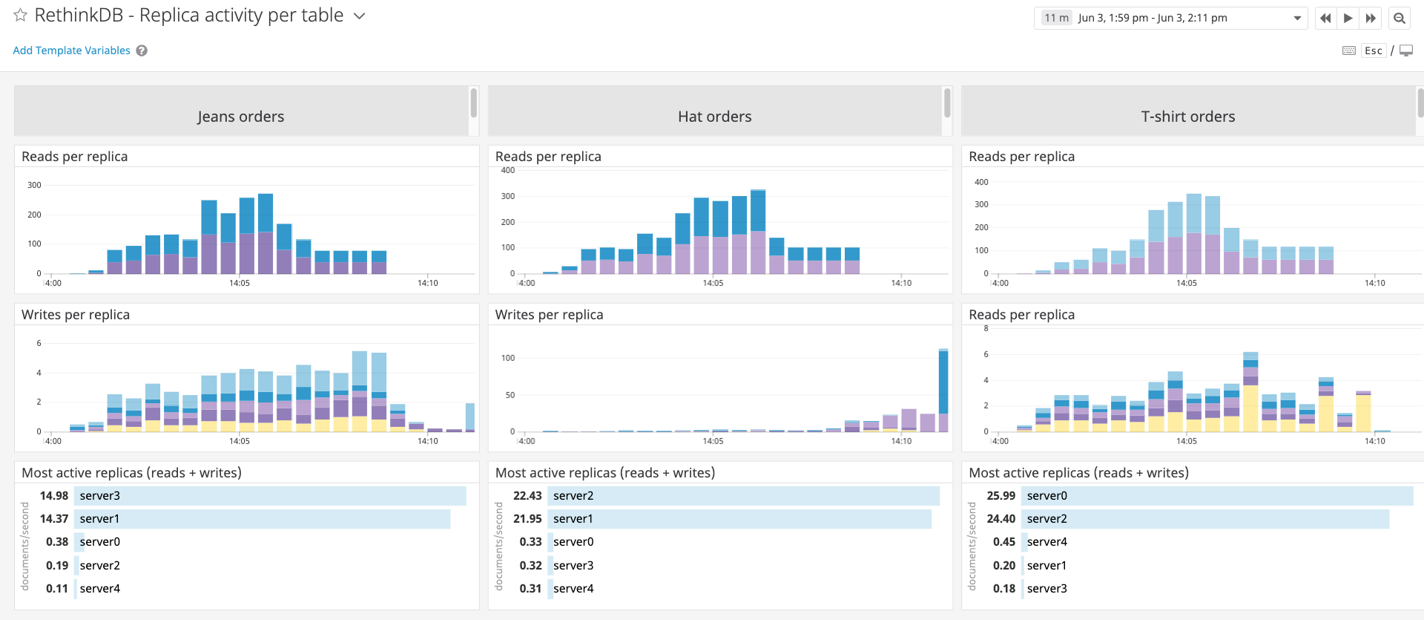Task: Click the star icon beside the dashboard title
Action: tap(20, 15)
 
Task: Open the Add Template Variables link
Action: tap(71, 50)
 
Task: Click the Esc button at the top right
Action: tap(1373, 50)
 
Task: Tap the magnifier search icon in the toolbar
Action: tap(1399, 18)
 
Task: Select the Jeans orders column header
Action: tap(241, 117)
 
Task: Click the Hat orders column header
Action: tap(714, 117)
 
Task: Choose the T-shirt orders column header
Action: tap(1187, 117)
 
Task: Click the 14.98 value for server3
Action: tap(54, 496)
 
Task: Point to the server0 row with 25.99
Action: tap(1216, 496)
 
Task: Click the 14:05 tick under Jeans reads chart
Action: tap(240, 283)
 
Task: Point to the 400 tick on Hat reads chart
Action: tap(507, 171)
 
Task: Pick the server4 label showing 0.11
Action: tap(100, 589)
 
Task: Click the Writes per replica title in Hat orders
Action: tap(549, 315)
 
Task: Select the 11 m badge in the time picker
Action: tap(1056, 18)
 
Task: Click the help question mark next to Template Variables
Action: tap(142, 50)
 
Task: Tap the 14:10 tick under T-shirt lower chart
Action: tap(1374, 441)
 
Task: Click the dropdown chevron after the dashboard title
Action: tap(360, 16)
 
